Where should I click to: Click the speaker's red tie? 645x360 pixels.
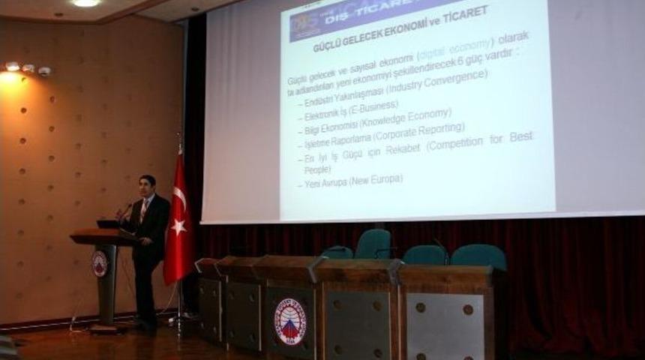click(x=143, y=211)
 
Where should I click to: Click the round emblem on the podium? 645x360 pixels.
click(x=100, y=263)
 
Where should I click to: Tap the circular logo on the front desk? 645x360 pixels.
click(x=289, y=321)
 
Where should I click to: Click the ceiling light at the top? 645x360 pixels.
click(x=86, y=3)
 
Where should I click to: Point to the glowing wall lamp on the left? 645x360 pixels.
click(x=10, y=74)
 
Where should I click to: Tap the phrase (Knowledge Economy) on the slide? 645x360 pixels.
click(x=405, y=118)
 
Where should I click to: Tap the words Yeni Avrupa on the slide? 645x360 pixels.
click(x=321, y=183)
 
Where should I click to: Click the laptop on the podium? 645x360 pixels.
click(x=108, y=223)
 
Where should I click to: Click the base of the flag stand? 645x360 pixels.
click(x=181, y=321)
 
